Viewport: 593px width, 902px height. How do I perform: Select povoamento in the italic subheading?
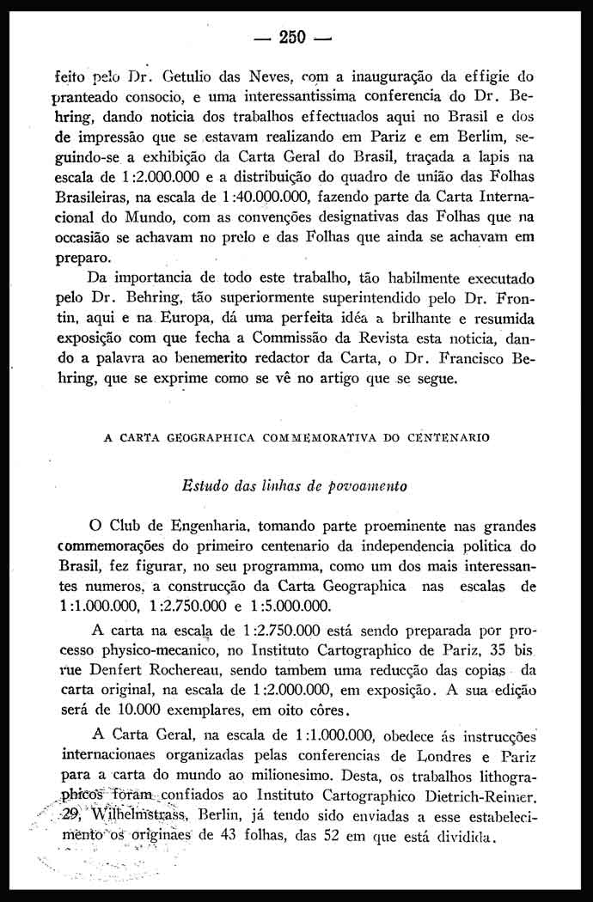[369, 485]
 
